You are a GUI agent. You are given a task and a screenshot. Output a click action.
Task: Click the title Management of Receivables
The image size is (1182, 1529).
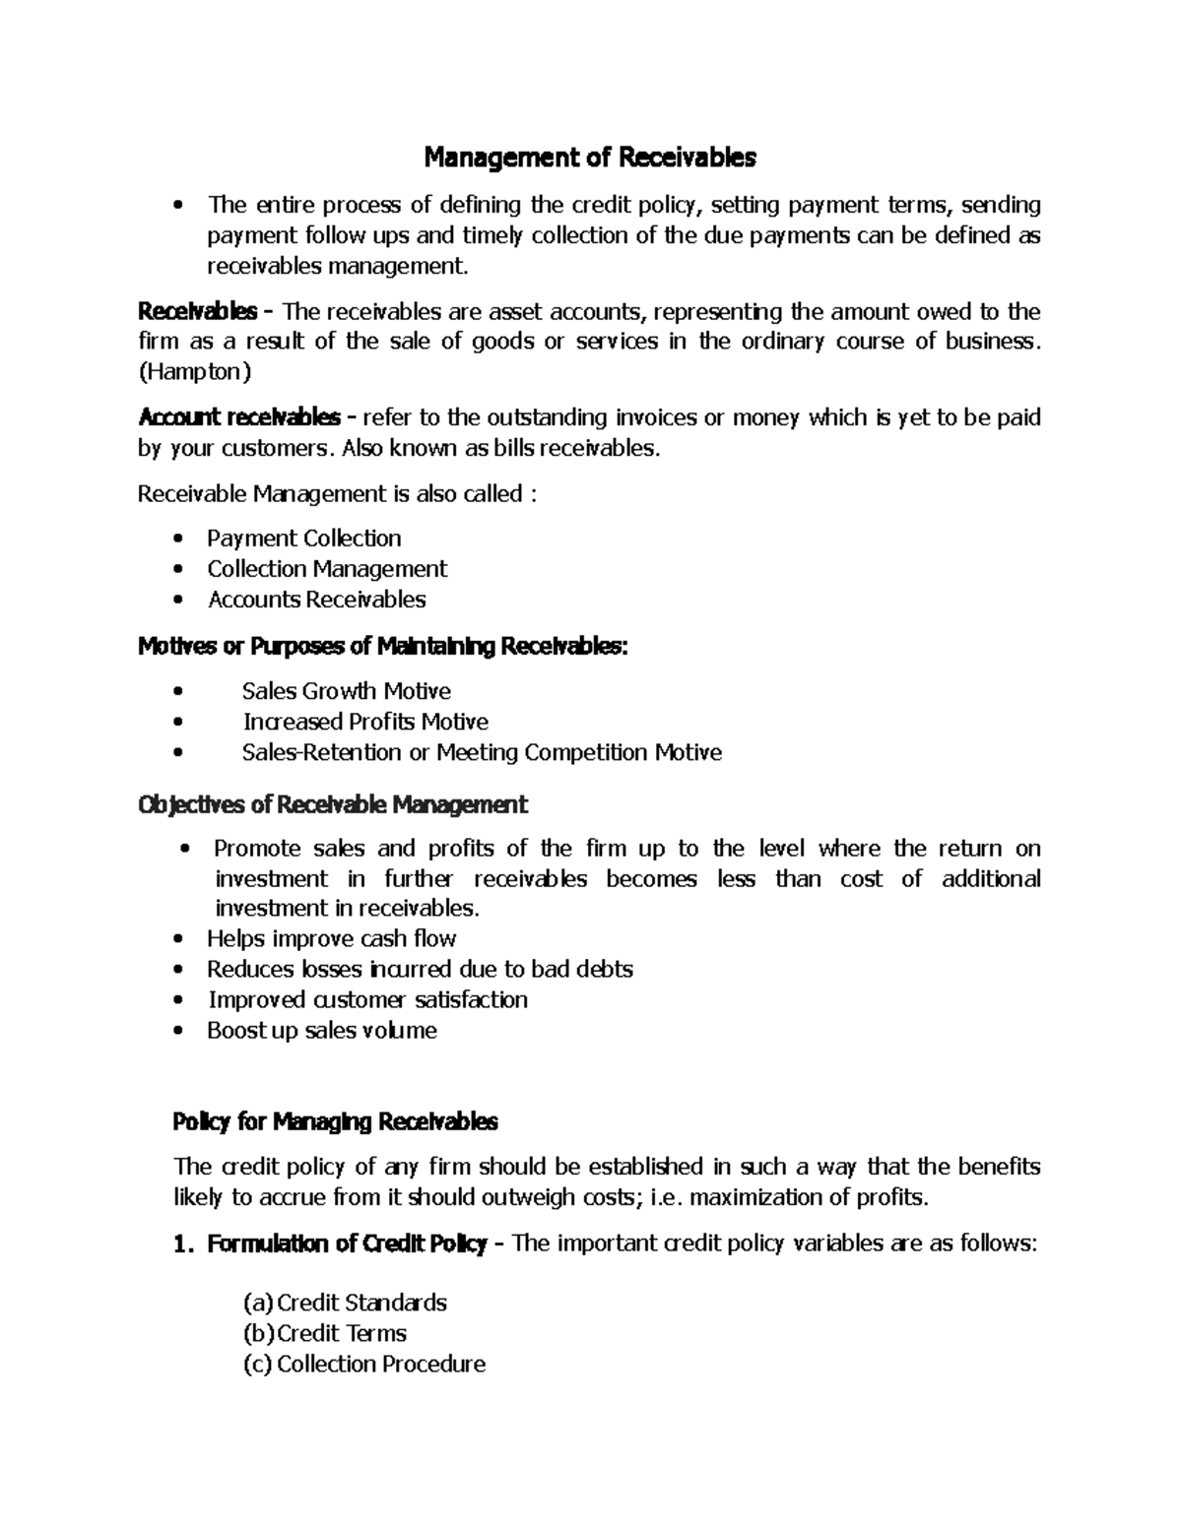[x=589, y=158]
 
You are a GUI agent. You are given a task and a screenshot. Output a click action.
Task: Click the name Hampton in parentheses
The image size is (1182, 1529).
[x=194, y=373]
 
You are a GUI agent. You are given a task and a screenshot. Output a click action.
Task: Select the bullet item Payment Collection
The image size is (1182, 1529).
[x=303, y=539]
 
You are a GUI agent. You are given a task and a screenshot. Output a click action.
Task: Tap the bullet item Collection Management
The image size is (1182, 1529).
[x=326, y=569]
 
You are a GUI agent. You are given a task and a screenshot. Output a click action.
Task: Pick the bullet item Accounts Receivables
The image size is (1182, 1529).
[x=316, y=600]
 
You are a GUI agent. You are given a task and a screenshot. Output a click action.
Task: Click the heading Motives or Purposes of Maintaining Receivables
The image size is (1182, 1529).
[x=382, y=647]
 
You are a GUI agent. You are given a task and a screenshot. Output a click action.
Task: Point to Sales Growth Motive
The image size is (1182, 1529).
[x=346, y=691]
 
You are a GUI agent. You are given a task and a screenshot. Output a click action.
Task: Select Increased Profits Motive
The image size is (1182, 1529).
[x=365, y=722]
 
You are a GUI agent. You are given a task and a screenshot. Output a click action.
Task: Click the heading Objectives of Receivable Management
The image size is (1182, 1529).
[x=333, y=805]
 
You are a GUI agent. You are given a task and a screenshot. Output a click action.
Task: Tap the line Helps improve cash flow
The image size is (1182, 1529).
[x=331, y=938]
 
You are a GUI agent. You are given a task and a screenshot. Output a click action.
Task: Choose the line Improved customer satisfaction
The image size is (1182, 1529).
[x=367, y=1000]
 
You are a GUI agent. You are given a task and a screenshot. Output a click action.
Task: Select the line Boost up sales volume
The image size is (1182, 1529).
[x=321, y=1031]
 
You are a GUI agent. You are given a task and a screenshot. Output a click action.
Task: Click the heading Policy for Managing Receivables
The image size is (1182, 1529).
[x=335, y=1121]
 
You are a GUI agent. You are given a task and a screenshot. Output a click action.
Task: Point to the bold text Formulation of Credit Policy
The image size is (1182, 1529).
[x=347, y=1244]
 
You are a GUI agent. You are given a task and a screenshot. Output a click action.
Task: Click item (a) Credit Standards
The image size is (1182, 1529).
[x=346, y=1304]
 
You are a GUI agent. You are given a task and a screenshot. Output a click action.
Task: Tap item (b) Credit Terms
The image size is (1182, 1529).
[x=325, y=1334]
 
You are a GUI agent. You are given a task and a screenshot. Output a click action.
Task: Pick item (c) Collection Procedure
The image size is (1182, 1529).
[x=364, y=1365]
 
